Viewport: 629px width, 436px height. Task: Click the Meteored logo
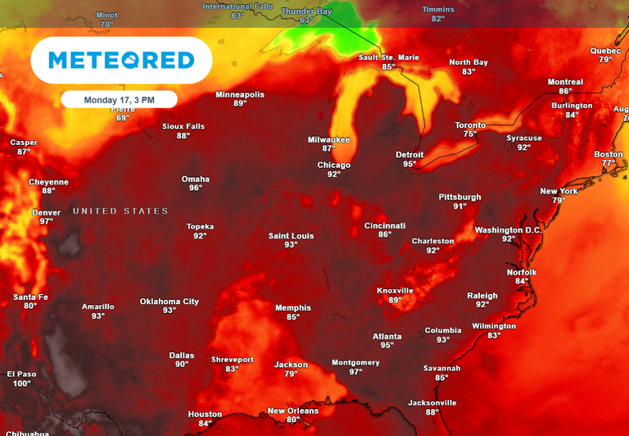(121, 60)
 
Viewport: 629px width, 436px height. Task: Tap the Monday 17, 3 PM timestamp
(119, 99)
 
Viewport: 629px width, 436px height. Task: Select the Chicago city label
(333, 165)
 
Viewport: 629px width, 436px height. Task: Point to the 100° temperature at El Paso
(22, 384)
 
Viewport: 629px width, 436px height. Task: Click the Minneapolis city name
(240, 94)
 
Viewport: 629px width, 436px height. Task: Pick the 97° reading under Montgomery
(355, 372)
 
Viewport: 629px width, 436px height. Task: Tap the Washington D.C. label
(509, 229)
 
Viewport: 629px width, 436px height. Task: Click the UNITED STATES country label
(120, 211)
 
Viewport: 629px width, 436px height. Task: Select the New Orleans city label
(293, 411)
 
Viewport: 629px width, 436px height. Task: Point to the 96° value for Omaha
(196, 188)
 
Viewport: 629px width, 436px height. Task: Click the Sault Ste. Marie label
(388, 57)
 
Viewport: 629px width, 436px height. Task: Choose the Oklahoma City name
(169, 301)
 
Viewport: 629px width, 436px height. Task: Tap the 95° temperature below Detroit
(410, 164)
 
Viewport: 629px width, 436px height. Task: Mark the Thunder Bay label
(306, 11)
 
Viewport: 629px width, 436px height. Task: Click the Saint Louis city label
(291, 236)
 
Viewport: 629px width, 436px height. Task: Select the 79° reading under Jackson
(291, 374)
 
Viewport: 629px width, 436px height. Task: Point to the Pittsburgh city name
(459, 197)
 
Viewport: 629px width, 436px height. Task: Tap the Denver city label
(46, 212)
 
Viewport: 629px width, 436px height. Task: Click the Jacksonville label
(432, 402)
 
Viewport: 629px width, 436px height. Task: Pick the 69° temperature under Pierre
(123, 118)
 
